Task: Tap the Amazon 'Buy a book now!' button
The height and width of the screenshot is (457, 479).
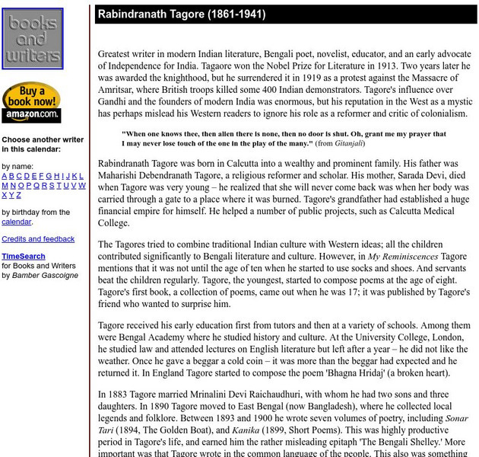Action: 31,102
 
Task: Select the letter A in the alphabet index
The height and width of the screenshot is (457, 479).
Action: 5,176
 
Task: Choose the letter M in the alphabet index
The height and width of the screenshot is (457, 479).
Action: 5,185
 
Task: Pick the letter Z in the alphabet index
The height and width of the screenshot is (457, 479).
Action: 20,195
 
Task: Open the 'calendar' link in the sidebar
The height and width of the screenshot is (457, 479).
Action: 16,222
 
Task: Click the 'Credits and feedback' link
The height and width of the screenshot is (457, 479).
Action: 38,239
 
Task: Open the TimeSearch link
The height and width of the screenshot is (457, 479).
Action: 23,257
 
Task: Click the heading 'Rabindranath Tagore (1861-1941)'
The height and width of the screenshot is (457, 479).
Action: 180,14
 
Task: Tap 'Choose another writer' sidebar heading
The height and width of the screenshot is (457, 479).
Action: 43,139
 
